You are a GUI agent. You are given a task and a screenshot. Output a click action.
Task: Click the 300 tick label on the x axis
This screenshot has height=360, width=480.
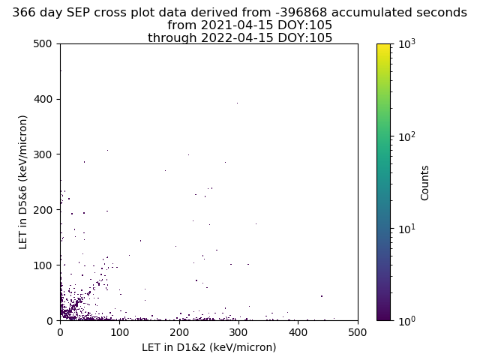coord(238,332)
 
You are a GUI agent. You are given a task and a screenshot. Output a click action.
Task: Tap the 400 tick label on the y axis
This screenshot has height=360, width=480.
coord(43,99)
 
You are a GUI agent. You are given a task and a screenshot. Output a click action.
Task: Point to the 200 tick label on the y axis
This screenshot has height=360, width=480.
coord(43,210)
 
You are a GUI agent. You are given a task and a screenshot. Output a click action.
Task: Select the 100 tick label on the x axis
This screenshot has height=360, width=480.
coord(120,332)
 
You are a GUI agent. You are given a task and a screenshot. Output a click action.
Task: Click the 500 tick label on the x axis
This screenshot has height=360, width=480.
coord(358,332)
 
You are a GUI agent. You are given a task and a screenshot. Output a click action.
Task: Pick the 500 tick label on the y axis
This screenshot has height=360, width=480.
coord(43,43)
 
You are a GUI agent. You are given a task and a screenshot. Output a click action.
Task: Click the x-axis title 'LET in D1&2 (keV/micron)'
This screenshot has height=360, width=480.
coord(209,347)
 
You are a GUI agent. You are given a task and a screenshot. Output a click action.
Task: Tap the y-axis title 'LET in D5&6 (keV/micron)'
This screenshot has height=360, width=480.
coord(23,182)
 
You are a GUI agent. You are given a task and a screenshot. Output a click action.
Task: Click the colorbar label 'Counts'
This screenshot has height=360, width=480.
coord(424,183)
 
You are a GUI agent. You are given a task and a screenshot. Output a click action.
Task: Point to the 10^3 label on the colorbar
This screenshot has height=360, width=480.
coord(407,43)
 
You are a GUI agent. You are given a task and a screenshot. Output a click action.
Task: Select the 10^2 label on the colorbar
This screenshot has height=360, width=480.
coord(407,136)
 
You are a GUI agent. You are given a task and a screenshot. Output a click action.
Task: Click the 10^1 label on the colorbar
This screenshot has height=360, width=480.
coord(407,228)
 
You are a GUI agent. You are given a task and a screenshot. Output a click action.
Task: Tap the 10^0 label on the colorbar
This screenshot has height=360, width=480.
coord(407,320)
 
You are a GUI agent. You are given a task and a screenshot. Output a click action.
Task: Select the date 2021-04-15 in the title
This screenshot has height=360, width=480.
coord(237,25)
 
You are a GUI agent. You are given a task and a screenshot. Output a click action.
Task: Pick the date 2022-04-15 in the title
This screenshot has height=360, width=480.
coord(237,37)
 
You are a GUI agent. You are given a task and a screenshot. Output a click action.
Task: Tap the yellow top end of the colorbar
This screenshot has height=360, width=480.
coord(383,45)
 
